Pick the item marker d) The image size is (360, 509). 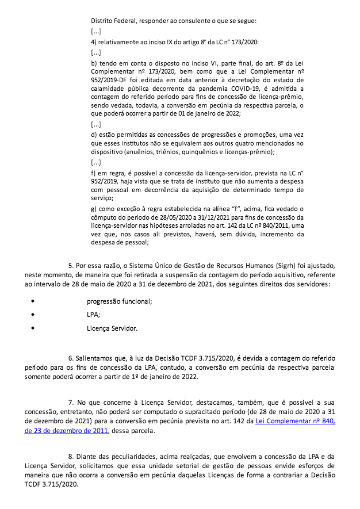pos(95,134)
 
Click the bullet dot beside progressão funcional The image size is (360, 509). pos(33,301)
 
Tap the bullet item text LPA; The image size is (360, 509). pos(94,315)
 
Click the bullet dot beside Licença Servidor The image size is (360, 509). pos(33,329)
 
